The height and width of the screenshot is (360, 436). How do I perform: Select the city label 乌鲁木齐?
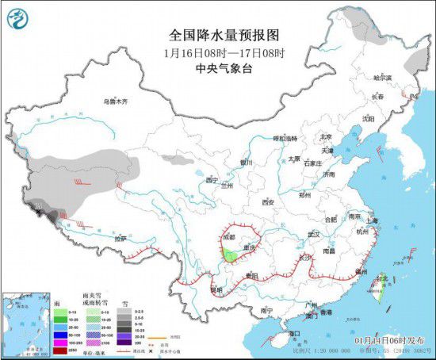116,101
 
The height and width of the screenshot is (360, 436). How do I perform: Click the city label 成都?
229,236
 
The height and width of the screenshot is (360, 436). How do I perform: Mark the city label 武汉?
315,234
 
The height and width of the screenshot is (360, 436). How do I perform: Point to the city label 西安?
266,202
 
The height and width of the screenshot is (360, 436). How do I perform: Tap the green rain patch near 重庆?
231,255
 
